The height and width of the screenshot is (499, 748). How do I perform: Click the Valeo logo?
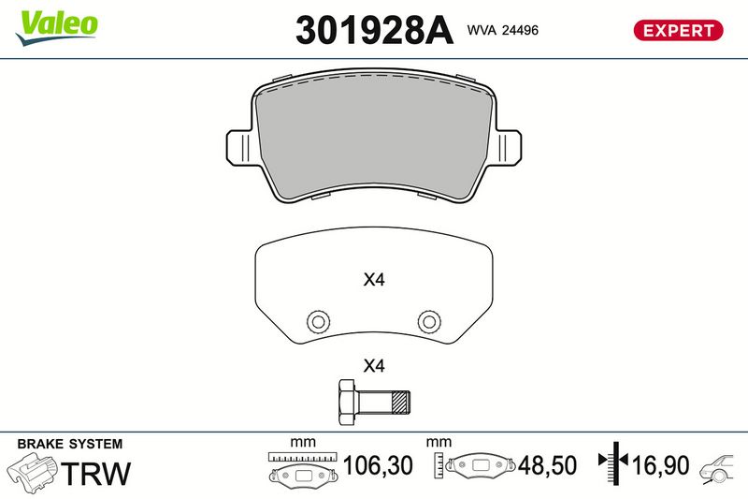[x=57, y=27]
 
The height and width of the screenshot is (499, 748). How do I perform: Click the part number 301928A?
[x=374, y=30]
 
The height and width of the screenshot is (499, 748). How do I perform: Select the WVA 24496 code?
[x=503, y=30]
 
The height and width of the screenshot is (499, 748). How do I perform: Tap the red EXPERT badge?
[x=678, y=30]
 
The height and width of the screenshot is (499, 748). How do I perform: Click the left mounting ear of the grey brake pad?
[x=238, y=147]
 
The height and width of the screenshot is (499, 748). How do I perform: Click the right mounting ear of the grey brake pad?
[x=508, y=147]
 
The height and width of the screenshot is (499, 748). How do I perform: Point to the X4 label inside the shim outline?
[x=374, y=279]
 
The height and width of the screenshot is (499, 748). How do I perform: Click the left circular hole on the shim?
[x=318, y=321]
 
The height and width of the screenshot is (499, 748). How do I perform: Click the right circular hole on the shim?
[x=429, y=321]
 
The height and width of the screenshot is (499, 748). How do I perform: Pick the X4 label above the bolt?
[x=374, y=366]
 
